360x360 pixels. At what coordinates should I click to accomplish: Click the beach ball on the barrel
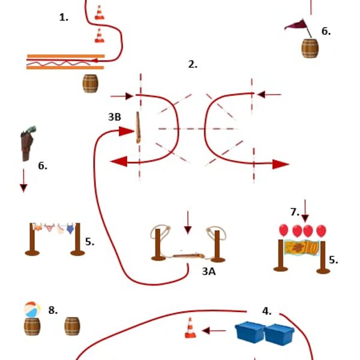[x=32, y=310]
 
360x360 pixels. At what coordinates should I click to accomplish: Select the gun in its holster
[x=28, y=143]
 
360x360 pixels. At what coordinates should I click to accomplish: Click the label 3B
[x=115, y=117]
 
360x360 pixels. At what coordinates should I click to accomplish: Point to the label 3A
[x=209, y=271]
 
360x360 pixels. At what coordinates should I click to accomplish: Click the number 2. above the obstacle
[x=193, y=65]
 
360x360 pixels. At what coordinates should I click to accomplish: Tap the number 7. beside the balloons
[x=295, y=212]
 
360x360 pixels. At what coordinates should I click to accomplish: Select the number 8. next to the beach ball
[x=53, y=310]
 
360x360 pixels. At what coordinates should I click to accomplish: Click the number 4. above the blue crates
[x=266, y=311]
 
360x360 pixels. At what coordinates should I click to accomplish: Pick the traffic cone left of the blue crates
[x=190, y=328]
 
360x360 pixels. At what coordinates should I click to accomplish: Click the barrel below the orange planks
[x=90, y=83]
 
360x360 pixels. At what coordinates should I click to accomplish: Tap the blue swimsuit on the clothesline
[x=70, y=229]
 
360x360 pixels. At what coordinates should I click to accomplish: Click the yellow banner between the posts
[x=301, y=247]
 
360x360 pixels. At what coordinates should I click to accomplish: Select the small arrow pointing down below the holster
[x=23, y=181]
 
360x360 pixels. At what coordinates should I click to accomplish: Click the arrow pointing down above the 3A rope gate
[x=188, y=223]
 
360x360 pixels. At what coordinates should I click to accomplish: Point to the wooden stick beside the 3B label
[x=138, y=127]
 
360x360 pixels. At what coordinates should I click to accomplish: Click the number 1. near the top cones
[x=64, y=17]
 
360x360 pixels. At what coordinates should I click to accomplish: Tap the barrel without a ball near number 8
[x=72, y=326]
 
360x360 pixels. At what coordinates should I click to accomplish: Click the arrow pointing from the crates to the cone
[x=214, y=331]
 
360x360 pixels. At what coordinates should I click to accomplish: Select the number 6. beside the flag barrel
[x=326, y=31]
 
